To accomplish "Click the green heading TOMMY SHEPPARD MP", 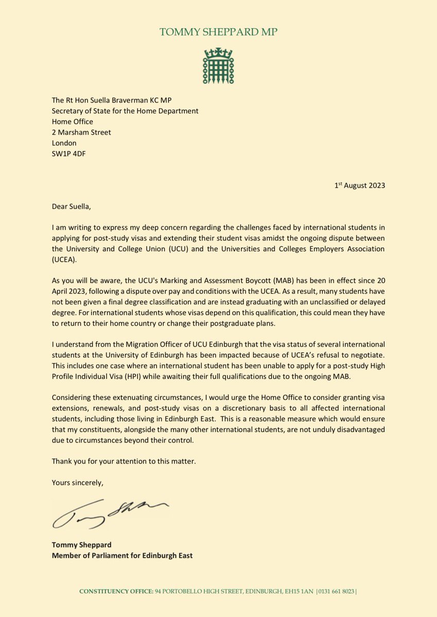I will click(218, 32).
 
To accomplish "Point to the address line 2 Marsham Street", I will click(81, 132).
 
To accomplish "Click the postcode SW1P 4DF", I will click(68, 154).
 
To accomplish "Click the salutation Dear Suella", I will click(73, 207).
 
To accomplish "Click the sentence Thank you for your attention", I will click(124, 461).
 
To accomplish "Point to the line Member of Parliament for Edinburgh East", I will click(122, 555).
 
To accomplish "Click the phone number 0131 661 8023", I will click(337, 592).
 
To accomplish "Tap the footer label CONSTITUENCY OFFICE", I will click(115, 592).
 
